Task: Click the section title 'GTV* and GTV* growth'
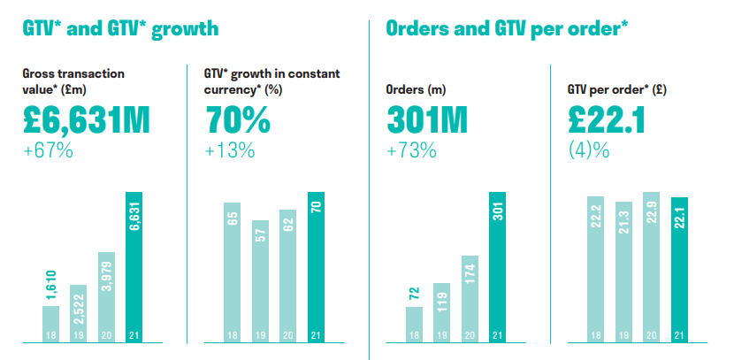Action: (x=120, y=29)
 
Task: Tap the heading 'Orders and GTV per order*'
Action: (x=507, y=29)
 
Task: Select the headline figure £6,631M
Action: (x=98, y=120)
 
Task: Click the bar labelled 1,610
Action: (x=51, y=324)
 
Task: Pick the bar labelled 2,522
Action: (x=79, y=313)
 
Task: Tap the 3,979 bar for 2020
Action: (x=106, y=297)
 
